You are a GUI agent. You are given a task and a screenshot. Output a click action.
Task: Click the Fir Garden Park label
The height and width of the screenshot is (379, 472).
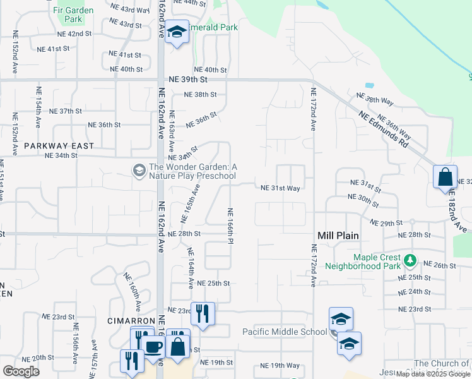click(73, 15)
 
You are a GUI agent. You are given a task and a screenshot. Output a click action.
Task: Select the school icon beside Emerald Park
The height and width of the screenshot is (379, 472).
click(177, 32)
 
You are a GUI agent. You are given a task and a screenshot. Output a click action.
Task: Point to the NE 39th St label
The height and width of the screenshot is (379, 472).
click(188, 80)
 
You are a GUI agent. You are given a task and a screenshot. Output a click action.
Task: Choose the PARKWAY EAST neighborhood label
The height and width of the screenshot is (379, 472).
click(59, 146)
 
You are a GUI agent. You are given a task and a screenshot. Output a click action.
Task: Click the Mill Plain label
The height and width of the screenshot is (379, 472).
click(338, 236)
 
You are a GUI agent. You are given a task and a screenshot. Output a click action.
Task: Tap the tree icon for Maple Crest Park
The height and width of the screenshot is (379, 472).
click(410, 260)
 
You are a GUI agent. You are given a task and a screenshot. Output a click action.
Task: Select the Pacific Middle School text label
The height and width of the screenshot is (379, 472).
click(285, 332)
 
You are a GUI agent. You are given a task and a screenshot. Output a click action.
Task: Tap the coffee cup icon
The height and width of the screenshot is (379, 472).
click(153, 347)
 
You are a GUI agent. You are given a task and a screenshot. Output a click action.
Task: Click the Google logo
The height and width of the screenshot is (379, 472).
click(21, 371)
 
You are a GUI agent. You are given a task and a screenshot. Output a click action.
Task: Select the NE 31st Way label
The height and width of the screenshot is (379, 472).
click(280, 188)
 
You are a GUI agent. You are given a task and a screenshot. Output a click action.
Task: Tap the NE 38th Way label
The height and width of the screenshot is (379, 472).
click(375, 100)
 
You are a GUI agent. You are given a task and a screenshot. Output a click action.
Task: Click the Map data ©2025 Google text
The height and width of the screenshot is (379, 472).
click(433, 374)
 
